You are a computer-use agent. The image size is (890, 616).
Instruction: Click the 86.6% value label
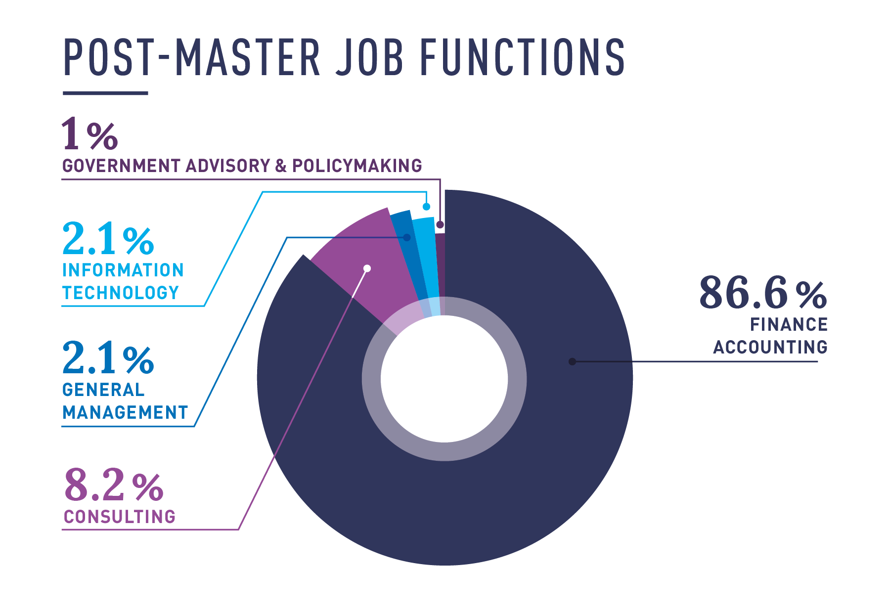(762, 293)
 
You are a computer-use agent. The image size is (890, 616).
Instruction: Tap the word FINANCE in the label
(789, 325)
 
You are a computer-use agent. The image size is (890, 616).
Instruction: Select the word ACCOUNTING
(770, 347)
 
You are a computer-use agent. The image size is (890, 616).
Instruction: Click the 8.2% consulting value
(113, 485)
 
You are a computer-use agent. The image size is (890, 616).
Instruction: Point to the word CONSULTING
(120, 517)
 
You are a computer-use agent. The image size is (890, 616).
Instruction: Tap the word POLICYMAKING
(357, 166)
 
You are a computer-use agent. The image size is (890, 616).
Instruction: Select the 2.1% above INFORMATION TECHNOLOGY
(108, 239)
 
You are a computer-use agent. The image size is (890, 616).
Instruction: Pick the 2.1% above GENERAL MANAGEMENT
(108, 358)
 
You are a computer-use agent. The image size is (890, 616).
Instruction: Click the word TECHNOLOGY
(121, 293)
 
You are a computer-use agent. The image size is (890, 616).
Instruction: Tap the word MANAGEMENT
(125, 412)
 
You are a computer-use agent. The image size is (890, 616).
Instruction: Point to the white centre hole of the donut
(444, 379)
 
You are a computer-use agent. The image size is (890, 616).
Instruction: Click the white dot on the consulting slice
(367, 268)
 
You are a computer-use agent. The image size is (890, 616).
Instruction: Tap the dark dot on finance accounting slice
(572, 361)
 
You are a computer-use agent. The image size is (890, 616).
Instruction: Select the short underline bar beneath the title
(105, 93)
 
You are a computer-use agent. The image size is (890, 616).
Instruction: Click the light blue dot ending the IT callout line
(426, 206)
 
